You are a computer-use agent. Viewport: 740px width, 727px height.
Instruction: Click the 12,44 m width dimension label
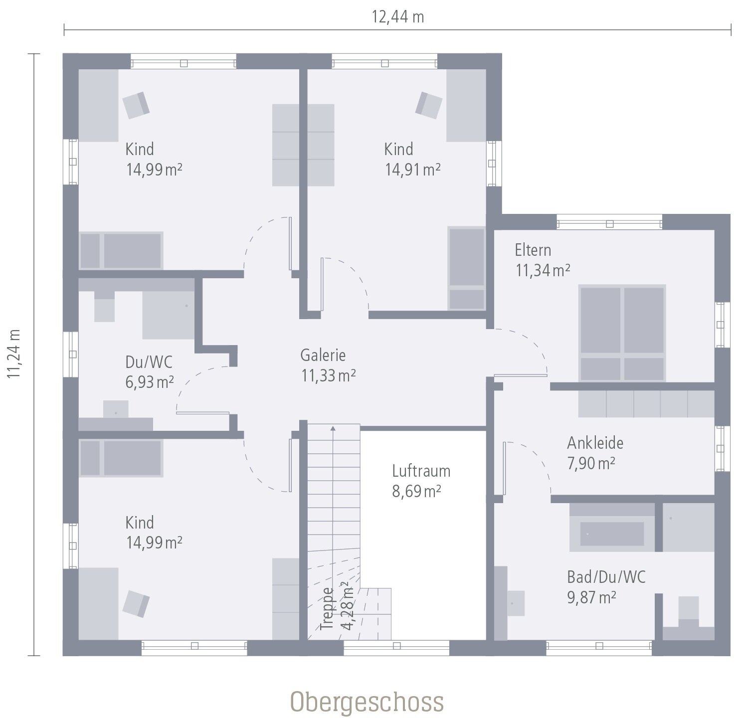coord(397,17)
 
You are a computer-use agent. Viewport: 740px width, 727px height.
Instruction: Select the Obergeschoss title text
coord(367,702)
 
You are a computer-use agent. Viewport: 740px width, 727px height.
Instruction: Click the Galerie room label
coord(323,355)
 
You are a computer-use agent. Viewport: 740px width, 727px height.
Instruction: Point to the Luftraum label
coord(421,471)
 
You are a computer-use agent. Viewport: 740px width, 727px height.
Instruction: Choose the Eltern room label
coord(533,250)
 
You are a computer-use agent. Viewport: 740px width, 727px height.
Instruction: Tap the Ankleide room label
coord(595,443)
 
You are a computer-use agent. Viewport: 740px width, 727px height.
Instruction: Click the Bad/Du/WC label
coord(606,577)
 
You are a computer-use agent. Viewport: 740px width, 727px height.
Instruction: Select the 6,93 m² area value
coord(149,382)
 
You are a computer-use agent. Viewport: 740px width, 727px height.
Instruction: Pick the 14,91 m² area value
coord(412,170)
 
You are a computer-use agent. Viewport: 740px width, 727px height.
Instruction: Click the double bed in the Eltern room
coord(622,333)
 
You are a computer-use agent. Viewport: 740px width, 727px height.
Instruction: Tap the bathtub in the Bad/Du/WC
coord(612,534)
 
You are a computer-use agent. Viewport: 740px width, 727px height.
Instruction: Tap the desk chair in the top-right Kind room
coord(429,105)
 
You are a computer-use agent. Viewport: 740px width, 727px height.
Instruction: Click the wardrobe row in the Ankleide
coord(646,403)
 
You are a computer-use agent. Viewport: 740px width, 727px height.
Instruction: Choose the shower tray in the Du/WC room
coord(168,315)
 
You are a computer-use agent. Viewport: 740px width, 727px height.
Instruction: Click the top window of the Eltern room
coord(609,222)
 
